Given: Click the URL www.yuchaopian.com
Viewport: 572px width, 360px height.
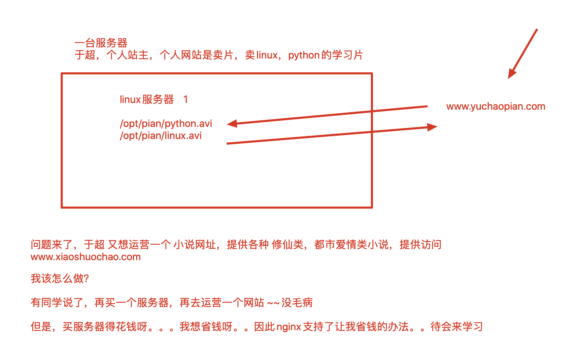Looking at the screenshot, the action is [495, 107].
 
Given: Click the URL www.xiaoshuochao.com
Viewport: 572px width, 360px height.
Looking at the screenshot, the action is [86, 257].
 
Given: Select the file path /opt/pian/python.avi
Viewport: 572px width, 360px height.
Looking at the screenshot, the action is [166, 124].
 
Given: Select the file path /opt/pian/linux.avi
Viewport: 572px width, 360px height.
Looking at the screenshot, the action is [161, 136].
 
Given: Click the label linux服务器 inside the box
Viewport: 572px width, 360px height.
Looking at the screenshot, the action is [147, 100].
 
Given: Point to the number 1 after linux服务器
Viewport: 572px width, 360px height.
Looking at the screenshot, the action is [185, 100].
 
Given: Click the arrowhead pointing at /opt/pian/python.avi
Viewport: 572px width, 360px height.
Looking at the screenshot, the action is [232, 124].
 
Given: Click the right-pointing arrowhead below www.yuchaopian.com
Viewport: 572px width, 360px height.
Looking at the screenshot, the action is [432, 127].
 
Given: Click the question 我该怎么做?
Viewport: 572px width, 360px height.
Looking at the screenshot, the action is [60, 278].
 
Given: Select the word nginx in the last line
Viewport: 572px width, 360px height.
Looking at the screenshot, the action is [289, 327].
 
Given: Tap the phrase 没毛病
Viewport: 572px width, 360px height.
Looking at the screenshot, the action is [297, 303].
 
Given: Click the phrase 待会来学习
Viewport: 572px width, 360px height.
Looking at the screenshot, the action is [457, 327].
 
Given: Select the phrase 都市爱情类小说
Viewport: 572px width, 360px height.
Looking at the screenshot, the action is [351, 245].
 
